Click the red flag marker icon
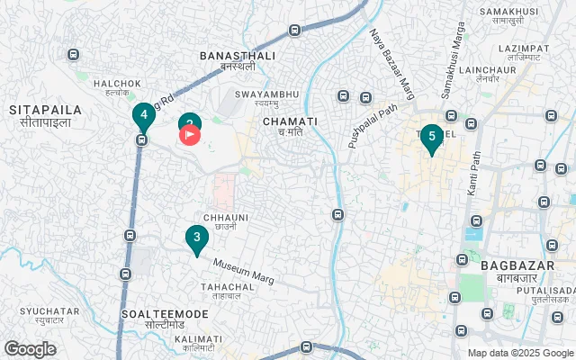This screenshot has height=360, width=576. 191,135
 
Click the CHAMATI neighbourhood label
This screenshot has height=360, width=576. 290,127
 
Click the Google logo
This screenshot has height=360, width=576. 30,348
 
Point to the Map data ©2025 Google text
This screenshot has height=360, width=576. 520,353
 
